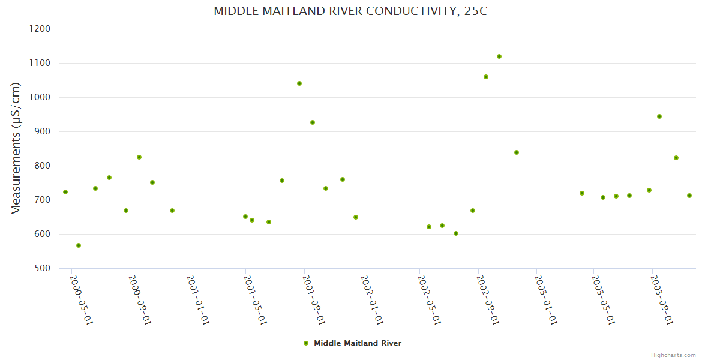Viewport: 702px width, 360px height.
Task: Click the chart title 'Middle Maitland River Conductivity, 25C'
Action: tap(350, 11)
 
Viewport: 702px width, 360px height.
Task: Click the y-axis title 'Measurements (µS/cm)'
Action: tap(16, 148)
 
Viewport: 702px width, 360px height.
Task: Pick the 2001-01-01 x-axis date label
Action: tap(198, 300)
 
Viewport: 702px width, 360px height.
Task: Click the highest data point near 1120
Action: tap(499, 56)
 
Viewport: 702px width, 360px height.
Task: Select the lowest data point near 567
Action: tap(79, 245)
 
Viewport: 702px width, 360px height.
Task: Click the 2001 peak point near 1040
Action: tap(299, 83)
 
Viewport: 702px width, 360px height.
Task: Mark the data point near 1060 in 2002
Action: tap(486, 77)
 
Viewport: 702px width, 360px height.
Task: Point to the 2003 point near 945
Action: tap(659, 116)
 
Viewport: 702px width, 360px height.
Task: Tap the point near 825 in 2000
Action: tap(139, 157)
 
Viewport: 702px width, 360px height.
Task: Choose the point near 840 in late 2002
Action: tap(517, 152)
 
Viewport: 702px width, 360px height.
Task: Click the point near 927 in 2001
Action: tap(313, 122)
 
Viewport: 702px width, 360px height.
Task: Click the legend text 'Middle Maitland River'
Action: tap(358, 343)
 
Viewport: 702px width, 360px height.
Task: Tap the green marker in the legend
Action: tap(306, 343)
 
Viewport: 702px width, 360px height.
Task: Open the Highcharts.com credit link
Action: tap(673, 355)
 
